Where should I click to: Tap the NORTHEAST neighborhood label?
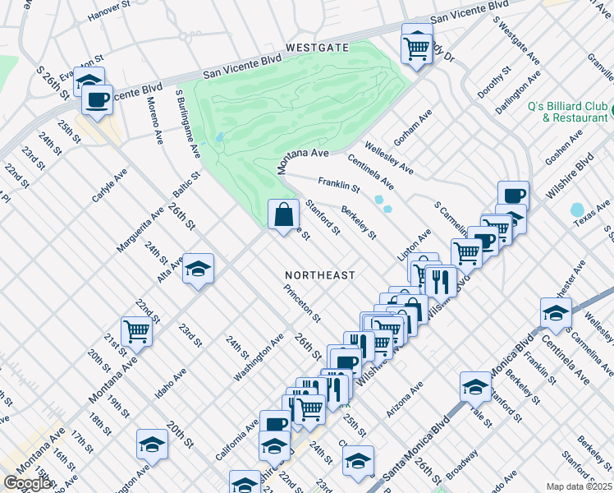(x=320, y=274)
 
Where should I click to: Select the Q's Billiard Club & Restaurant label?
(x=567, y=112)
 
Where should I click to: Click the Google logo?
(x=27, y=483)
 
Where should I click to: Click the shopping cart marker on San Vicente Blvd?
(x=417, y=46)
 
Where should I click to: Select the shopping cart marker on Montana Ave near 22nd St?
(x=136, y=331)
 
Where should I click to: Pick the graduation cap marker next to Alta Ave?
(x=198, y=270)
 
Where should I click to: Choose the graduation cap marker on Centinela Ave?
(x=556, y=313)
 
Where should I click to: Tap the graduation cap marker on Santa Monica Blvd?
(x=475, y=386)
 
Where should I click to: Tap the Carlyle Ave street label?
(x=109, y=187)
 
